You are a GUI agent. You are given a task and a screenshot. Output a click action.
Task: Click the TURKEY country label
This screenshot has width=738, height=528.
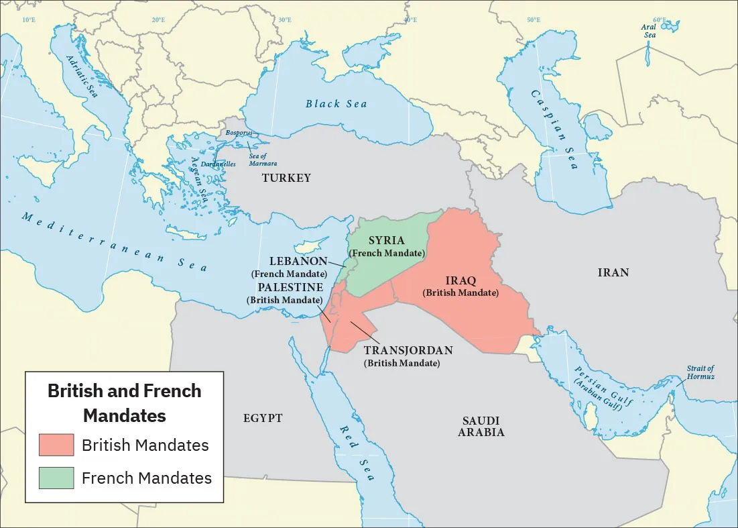pyautogui.click(x=286, y=178)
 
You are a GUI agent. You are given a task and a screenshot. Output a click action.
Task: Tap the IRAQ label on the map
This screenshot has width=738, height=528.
pyautogui.click(x=460, y=281)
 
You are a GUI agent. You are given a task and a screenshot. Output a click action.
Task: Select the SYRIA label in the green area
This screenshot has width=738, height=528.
pyautogui.click(x=387, y=241)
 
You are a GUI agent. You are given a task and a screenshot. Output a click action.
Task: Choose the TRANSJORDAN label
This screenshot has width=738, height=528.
pyautogui.click(x=408, y=350)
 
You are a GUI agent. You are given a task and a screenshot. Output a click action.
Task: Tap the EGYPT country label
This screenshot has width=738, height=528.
pyautogui.click(x=262, y=418)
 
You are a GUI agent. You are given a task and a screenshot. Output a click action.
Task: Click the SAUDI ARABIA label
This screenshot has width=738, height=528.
pyautogui.click(x=481, y=426)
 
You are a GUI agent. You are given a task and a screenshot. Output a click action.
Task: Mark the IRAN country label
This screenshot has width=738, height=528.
pyautogui.click(x=613, y=272)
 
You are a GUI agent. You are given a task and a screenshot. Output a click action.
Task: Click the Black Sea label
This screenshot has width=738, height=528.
pyautogui.click(x=336, y=104)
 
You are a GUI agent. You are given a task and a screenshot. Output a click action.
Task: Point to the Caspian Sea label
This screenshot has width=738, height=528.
pyautogui.click(x=554, y=129)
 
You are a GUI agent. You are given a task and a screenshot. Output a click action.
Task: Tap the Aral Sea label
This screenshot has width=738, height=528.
pyautogui.click(x=648, y=32)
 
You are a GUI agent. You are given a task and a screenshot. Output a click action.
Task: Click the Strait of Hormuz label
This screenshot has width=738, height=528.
pyautogui.click(x=700, y=372)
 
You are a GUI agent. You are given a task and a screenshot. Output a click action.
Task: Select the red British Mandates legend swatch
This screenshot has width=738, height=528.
pyautogui.click(x=56, y=445)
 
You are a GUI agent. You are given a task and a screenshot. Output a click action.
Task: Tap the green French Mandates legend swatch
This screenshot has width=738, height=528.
pyautogui.click(x=56, y=478)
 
